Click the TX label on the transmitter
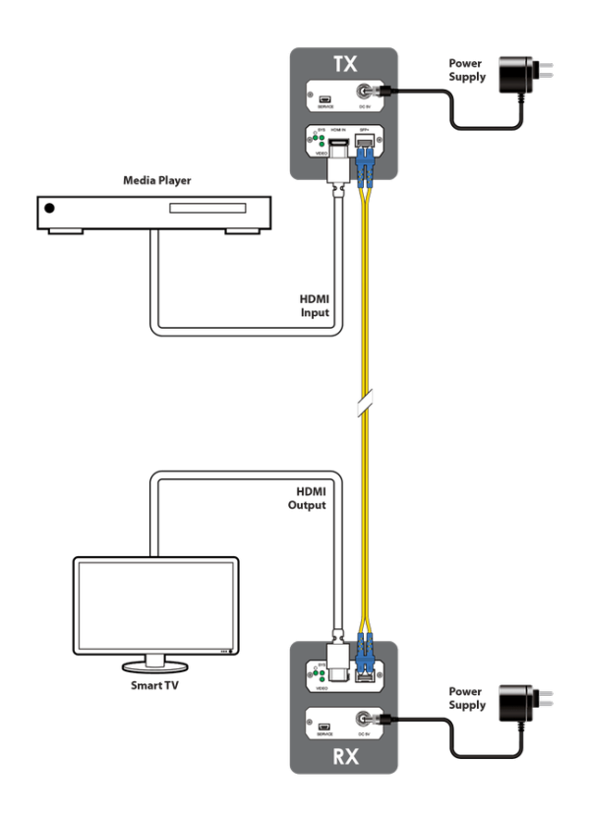(345, 65)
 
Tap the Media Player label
(157, 181)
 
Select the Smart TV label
(155, 684)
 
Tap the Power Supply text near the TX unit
(467, 70)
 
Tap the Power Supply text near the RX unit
(467, 699)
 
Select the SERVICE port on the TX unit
(325, 98)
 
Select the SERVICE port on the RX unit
(325, 727)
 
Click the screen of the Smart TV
(155, 605)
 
